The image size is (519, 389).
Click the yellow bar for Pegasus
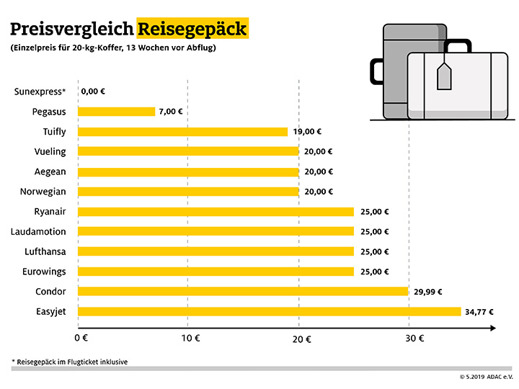pyautogui.click(x=116, y=112)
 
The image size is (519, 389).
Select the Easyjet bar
pyautogui.click(x=269, y=311)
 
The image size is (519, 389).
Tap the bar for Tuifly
pyautogui.click(x=182, y=132)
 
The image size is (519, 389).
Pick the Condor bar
pyautogui.click(x=242, y=291)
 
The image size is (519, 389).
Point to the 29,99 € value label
pyautogui.click(x=427, y=292)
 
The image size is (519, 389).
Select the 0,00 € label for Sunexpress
pyautogui.click(x=94, y=91)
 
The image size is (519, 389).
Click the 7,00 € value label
pyautogui.click(x=171, y=112)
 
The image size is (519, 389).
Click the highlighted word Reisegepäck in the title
pyautogui.click(x=192, y=30)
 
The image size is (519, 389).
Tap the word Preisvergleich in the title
pyautogui.click(x=71, y=30)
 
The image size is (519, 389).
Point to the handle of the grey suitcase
pyautogui.click(x=377, y=71)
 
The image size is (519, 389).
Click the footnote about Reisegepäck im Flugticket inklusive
pyautogui.click(x=69, y=361)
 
